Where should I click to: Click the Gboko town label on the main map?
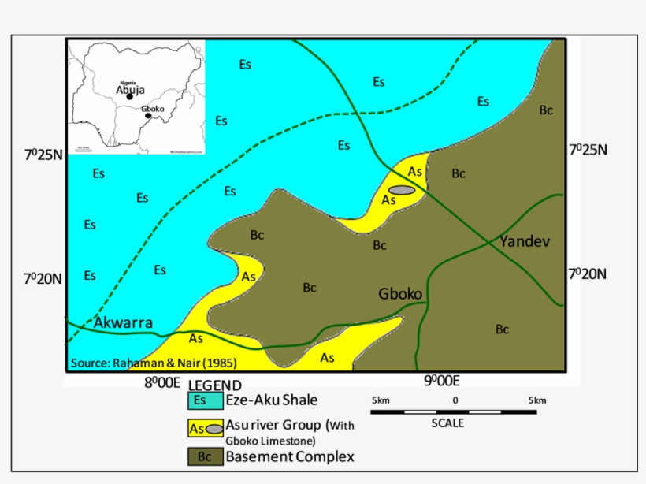(x=401, y=295)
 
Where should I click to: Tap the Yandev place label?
(x=523, y=240)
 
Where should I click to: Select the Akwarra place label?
(x=123, y=322)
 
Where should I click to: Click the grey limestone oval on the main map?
(x=402, y=190)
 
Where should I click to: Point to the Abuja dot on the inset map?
(x=130, y=97)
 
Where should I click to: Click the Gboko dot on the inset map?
(x=148, y=116)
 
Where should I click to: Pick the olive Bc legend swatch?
(x=203, y=456)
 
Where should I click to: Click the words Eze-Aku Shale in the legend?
(x=272, y=400)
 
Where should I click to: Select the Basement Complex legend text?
(x=290, y=456)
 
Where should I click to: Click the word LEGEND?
(x=214, y=385)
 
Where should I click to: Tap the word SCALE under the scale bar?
(x=447, y=423)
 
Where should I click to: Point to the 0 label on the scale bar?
(x=455, y=400)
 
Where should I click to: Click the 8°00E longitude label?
(x=162, y=383)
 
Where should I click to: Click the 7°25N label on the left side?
(x=43, y=154)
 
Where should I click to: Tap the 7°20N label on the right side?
(x=588, y=274)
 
